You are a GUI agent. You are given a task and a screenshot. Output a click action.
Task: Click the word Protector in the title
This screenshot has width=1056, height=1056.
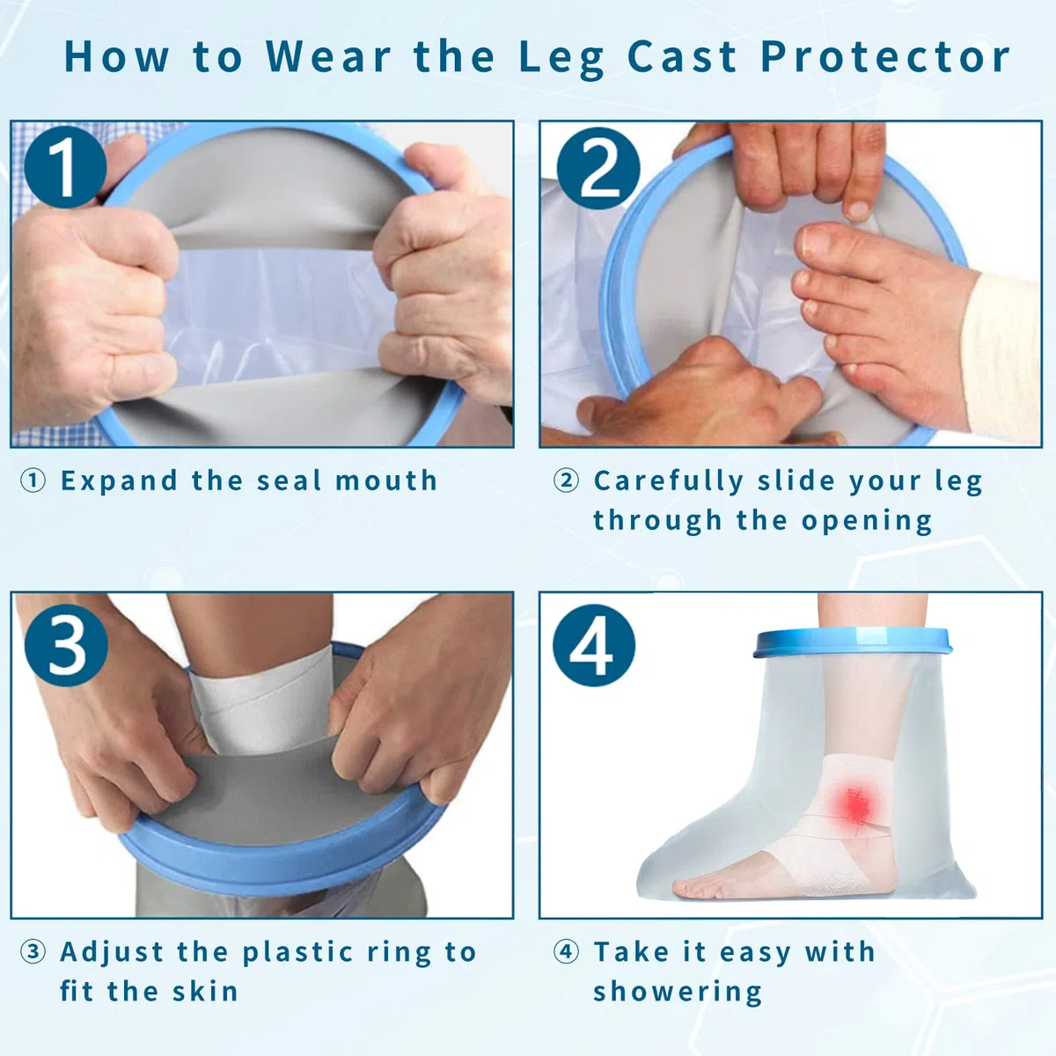tap(885, 57)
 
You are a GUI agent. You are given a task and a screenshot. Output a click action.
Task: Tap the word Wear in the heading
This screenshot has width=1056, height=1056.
tap(329, 55)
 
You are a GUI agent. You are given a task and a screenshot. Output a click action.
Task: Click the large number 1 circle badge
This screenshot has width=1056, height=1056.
tap(66, 167)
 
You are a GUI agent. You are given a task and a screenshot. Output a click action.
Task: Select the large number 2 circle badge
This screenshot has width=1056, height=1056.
tap(598, 169)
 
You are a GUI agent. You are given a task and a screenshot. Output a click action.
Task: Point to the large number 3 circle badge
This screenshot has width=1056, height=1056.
tap(66, 645)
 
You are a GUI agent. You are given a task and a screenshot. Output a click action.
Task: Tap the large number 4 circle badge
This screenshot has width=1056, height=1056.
tap(594, 646)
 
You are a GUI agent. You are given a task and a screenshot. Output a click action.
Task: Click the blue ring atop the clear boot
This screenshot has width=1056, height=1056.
tap(854, 642)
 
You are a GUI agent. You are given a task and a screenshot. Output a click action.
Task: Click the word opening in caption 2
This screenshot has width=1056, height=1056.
tap(867, 521)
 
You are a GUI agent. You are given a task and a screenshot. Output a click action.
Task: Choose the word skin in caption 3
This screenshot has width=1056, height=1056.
tap(206, 992)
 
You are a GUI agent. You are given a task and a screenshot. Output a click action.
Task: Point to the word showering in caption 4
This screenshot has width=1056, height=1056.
tap(678, 993)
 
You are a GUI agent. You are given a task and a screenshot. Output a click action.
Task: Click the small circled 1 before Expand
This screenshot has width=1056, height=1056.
tap(33, 480)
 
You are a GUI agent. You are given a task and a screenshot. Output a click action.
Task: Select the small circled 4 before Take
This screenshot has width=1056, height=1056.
tap(566, 952)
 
